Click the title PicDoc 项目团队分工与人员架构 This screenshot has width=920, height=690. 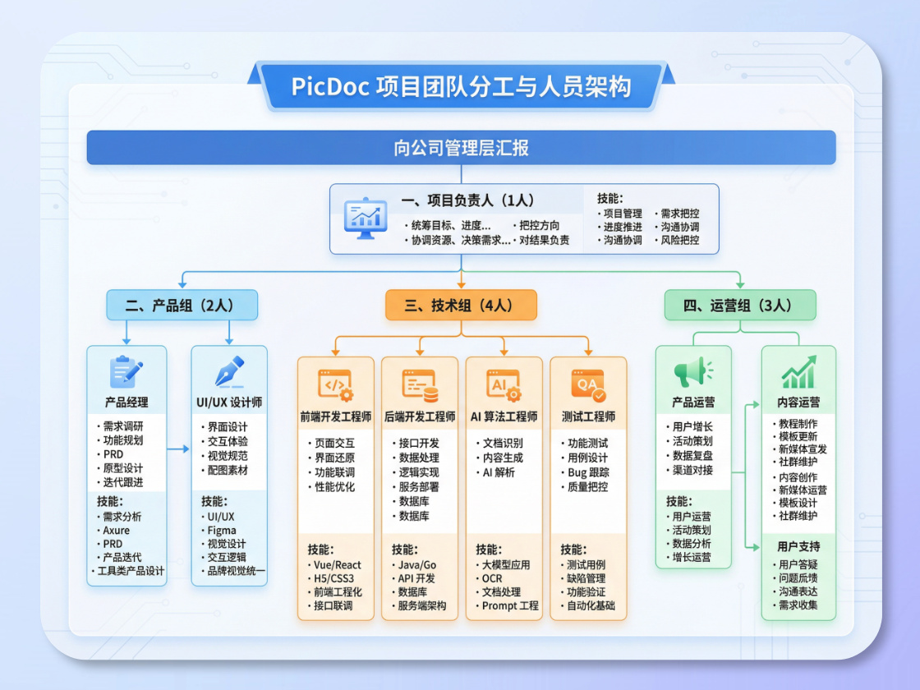point(461,86)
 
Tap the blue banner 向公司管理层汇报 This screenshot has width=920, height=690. point(461,148)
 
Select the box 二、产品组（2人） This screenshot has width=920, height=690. point(182,305)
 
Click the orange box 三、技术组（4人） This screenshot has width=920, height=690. point(461,305)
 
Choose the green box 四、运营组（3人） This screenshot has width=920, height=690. point(739,305)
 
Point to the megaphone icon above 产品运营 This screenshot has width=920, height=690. point(692,373)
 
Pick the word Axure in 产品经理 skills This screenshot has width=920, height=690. point(117,531)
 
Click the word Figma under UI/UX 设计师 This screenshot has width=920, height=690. point(222,531)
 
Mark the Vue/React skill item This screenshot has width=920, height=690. point(338,565)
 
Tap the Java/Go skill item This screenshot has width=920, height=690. point(417,565)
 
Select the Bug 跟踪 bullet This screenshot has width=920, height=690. point(588,472)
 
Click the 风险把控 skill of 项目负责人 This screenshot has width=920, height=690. point(680,241)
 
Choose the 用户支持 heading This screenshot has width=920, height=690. point(798,546)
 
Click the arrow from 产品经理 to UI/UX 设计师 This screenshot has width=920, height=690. point(178,448)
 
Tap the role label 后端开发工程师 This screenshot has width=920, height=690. point(419,416)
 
